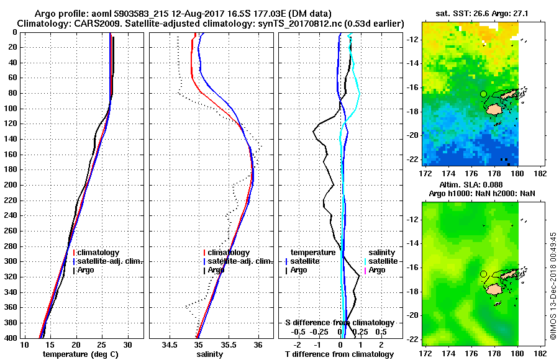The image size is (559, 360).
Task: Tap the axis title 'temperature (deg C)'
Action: [81, 354]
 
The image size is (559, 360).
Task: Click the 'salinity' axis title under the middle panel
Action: [211, 354]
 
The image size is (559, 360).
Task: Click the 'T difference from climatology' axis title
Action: [339, 354]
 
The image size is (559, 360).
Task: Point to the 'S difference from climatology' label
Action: [339, 323]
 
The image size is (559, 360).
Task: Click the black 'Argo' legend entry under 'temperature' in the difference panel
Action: [299, 270]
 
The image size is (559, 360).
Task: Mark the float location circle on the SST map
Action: [483, 94]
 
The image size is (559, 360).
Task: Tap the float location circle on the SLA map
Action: [483, 274]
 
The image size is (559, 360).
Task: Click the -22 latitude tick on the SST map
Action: [412, 159]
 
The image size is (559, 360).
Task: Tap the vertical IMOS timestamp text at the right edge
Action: [553, 286]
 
